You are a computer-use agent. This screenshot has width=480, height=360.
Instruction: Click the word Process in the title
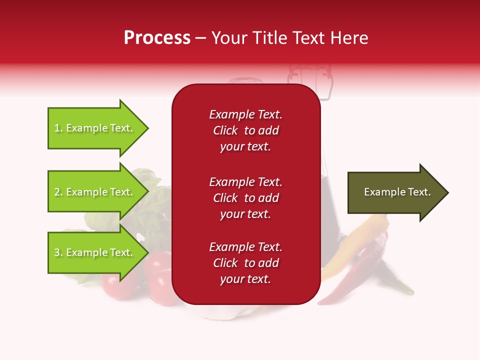(x=157, y=38)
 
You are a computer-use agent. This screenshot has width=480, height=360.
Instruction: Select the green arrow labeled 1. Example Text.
(x=95, y=128)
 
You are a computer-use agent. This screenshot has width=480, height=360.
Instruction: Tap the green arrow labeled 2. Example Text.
(x=95, y=192)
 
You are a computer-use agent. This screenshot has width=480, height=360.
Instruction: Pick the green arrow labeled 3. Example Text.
(x=95, y=252)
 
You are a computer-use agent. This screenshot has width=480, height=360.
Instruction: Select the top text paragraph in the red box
(x=245, y=130)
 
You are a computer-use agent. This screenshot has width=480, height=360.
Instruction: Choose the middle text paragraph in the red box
(x=245, y=198)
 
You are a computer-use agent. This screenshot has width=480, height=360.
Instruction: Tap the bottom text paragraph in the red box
(x=245, y=263)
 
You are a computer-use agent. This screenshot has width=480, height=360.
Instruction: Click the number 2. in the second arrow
(x=58, y=192)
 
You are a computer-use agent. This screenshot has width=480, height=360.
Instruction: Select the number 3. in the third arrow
(x=58, y=252)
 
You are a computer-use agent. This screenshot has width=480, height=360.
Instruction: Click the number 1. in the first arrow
(x=58, y=128)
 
